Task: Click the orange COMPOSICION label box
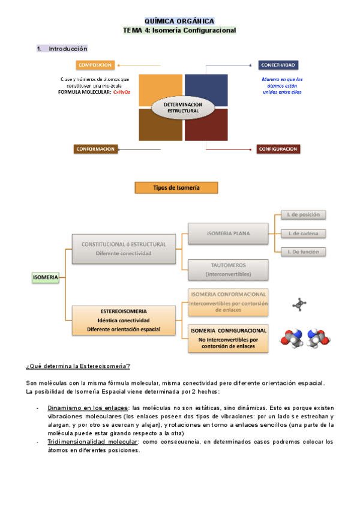[x=95, y=65]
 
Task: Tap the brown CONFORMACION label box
[x=95, y=149]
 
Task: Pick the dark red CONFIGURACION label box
[x=278, y=149]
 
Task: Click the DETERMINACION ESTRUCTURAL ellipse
[x=183, y=108]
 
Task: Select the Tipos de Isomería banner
[x=176, y=188]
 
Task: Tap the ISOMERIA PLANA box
[x=228, y=233]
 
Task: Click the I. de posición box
[x=304, y=214]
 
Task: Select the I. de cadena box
[x=304, y=233]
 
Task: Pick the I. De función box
[x=304, y=251]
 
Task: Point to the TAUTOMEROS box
[x=228, y=270]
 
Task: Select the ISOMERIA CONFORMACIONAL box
[x=228, y=302]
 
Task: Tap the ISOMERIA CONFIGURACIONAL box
[x=228, y=339]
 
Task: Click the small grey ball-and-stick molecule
[x=299, y=305]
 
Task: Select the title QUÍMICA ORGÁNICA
[x=179, y=21]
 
